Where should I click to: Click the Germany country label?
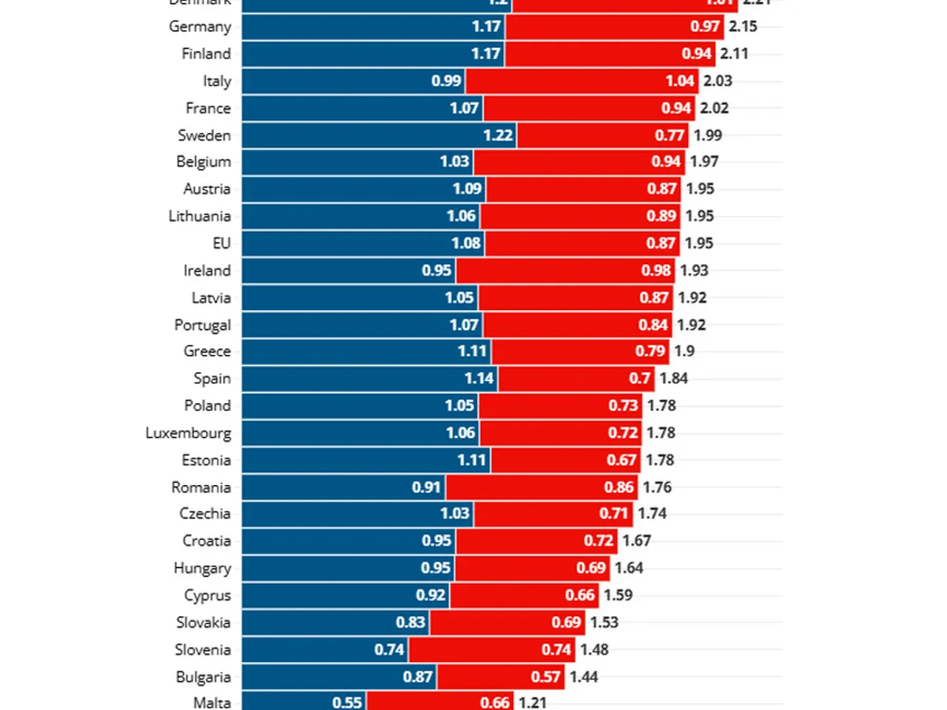[x=200, y=27]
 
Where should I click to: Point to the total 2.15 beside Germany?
[x=743, y=27]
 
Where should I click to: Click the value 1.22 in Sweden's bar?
[x=498, y=136]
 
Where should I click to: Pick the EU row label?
[x=222, y=243]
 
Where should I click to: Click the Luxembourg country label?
[x=188, y=433]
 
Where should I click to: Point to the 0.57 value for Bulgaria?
[x=545, y=677]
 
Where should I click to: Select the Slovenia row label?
[x=203, y=650]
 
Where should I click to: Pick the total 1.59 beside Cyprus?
[x=618, y=596]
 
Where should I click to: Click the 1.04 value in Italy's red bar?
[x=680, y=81]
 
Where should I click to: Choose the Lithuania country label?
[x=200, y=216]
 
